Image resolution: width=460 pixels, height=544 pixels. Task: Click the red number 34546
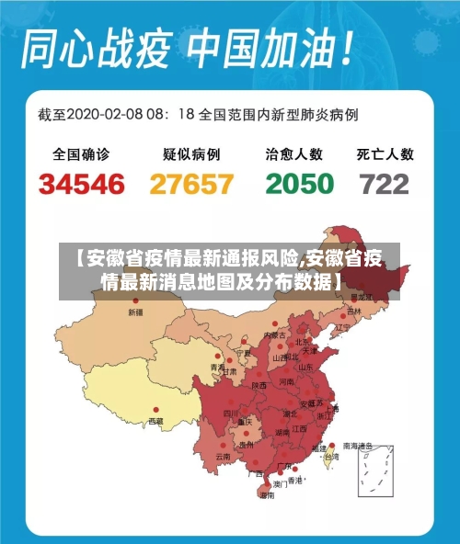click(82, 184)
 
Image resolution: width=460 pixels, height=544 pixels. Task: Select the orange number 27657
click(191, 184)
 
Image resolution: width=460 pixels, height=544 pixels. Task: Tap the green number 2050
click(299, 184)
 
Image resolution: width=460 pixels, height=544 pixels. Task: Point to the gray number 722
click(385, 184)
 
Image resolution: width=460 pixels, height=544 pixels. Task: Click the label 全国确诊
click(81, 154)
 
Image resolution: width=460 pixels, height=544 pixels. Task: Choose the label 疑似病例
click(191, 154)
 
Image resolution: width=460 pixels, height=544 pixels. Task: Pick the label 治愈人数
click(294, 154)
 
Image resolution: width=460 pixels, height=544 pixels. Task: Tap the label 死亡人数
click(385, 154)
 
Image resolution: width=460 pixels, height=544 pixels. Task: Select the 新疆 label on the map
click(135, 313)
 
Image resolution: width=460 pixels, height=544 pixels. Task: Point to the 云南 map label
click(223, 456)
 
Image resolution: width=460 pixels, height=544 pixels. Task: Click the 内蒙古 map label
click(275, 335)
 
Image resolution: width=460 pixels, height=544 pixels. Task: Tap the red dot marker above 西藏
click(155, 410)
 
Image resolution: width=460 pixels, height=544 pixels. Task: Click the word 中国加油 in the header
click(266, 48)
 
